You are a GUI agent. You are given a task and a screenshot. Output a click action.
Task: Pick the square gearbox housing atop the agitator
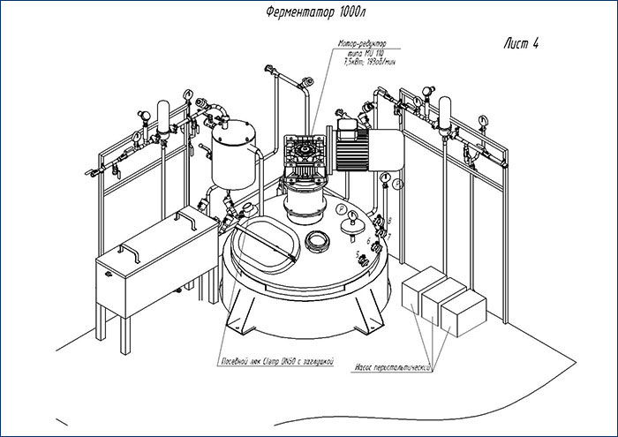click(x=303, y=156)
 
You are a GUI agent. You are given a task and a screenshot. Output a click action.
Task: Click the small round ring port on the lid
click(x=316, y=240)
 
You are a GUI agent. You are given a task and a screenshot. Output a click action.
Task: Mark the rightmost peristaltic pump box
click(x=463, y=314)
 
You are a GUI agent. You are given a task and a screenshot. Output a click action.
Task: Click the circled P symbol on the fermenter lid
click(x=343, y=208)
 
